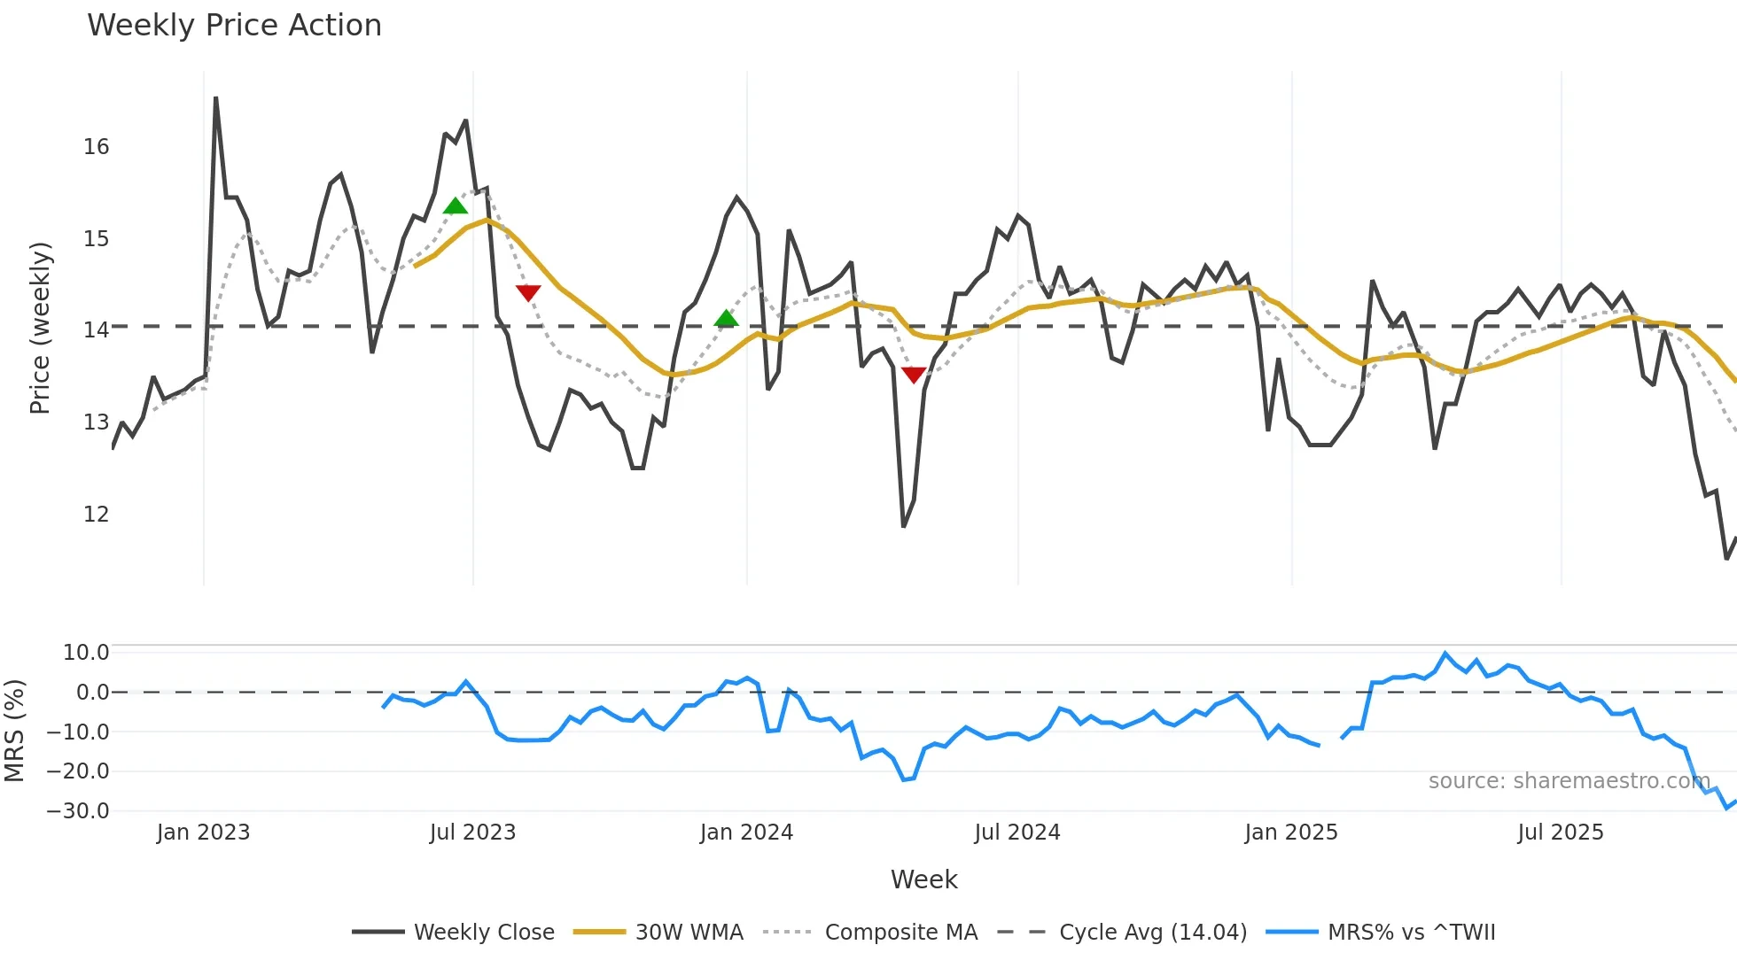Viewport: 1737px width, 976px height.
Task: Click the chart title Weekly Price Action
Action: (234, 25)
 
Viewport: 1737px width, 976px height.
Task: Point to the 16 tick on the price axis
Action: (97, 147)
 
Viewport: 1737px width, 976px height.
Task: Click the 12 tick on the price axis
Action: (97, 514)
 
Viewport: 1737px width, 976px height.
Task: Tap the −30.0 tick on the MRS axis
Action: (79, 810)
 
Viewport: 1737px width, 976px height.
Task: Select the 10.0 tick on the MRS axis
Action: (86, 653)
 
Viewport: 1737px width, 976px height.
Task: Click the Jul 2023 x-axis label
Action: (472, 833)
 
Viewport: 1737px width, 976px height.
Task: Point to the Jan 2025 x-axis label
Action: (1290, 833)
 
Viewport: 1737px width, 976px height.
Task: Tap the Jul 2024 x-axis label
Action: (1016, 833)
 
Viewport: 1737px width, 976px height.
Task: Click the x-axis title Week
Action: (923, 879)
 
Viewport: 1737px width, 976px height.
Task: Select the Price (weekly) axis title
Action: (41, 328)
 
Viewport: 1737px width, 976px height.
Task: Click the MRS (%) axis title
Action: (15, 731)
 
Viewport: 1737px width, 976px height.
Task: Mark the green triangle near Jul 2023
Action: (455, 206)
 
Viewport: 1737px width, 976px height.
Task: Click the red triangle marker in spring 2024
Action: (914, 375)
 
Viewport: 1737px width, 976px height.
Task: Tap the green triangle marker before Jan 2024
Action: (726, 318)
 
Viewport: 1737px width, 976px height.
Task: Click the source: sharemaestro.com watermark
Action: (1569, 781)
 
